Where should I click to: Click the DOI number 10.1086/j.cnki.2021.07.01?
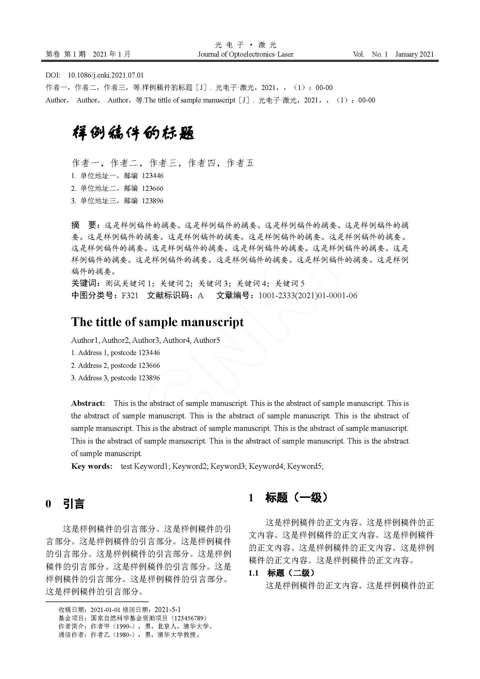[x=106, y=75]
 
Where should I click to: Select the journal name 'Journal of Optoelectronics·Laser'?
[x=245, y=54]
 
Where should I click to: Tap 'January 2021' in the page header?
[x=414, y=54]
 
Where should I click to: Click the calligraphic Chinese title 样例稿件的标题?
[x=133, y=133]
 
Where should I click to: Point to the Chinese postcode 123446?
[x=153, y=176]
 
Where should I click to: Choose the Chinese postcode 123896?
[x=153, y=201]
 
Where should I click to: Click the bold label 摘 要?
[x=84, y=225]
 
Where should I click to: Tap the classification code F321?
[x=130, y=296]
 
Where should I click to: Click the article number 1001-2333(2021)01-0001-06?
[x=308, y=296]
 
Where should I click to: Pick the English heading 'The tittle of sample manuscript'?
[x=157, y=322]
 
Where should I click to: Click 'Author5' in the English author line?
[x=207, y=341]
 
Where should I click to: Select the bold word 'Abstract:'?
[x=88, y=404]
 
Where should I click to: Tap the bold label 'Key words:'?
[x=92, y=467]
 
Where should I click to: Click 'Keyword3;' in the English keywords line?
[x=228, y=467]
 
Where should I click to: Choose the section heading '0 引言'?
[x=65, y=504]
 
